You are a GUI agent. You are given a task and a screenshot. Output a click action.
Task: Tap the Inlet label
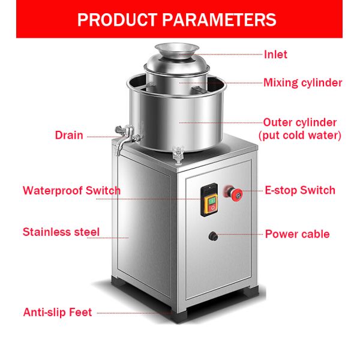coord(275,55)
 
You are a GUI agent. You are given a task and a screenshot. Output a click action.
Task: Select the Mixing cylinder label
coord(302,83)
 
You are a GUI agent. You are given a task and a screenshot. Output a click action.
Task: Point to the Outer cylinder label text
coord(299,122)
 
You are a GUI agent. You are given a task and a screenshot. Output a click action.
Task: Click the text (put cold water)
coord(299,136)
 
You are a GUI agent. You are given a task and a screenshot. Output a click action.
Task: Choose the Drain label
coord(69,135)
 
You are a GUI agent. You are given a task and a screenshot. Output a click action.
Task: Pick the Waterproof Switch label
coord(71,191)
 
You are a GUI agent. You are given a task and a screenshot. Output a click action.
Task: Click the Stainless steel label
coord(61,232)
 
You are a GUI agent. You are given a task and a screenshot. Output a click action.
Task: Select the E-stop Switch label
coord(300,191)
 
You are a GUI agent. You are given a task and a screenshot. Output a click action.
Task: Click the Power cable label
coord(297,234)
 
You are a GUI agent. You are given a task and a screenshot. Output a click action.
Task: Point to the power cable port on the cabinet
coord(212,236)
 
